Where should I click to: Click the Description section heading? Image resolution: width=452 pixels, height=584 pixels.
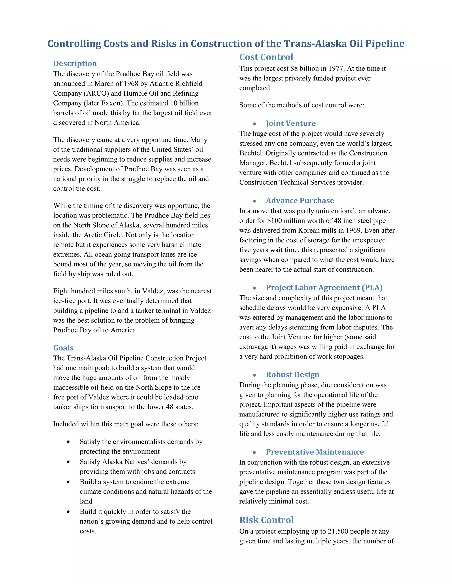tap(75, 63)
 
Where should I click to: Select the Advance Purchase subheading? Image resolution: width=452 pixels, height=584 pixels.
tap(300, 201)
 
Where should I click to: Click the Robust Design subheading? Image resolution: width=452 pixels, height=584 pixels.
tap(292, 375)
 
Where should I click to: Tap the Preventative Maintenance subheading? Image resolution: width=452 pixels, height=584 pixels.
tap(315, 452)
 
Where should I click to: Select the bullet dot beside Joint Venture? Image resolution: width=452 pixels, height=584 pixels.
tap(254, 124)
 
